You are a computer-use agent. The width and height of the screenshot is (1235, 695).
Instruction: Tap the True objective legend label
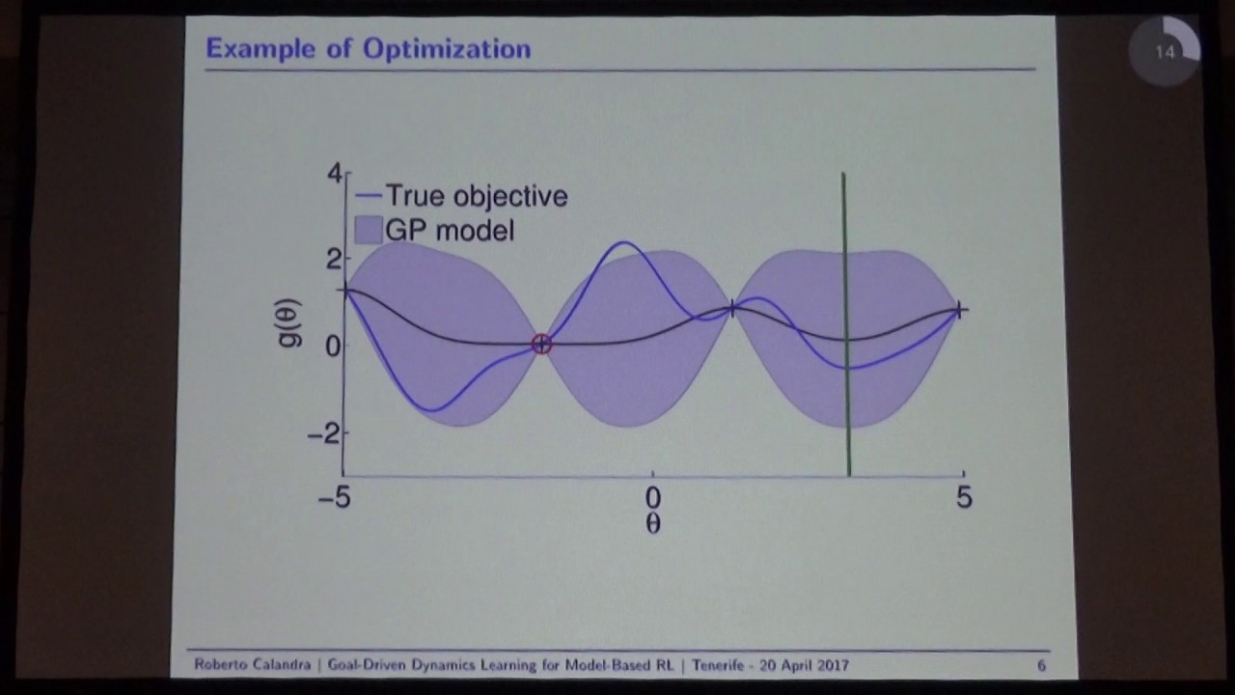pyautogui.click(x=476, y=196)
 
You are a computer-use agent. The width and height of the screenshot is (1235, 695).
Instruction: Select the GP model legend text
pyautogui.click(x=450, y=231)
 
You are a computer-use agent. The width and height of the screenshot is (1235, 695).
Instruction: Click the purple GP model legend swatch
pyautogui.click(x=368, y=230)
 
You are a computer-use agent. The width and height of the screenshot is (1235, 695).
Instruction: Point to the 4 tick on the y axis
pyautogui.click(x=334, y=174)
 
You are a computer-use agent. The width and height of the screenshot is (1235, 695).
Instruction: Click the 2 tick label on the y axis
pyautogui.click(x=334, y=259)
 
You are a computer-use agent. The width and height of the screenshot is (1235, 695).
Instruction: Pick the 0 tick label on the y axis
pyautogui.click(x=333, y=346)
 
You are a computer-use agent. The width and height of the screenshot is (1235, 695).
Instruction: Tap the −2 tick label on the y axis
pyautogui.click(x=325, y=433)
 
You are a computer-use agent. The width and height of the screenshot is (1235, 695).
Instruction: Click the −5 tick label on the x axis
pyautogui.click(x=335, y=498)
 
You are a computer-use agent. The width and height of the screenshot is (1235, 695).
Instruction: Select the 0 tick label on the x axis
pyautogui.click(x=653, y=498)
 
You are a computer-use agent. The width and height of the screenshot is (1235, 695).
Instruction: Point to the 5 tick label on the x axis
pyautogui.click(x=964, y=498)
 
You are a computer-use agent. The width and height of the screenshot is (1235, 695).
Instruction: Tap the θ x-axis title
pyautogui.click(x=653, y=524)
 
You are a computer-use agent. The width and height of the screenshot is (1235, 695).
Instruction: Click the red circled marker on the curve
pyautogui.click(x=541, y=345)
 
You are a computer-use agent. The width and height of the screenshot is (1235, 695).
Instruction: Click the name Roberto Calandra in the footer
pyautogui.click(x=255, y=665)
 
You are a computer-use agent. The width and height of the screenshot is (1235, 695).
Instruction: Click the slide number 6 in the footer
pyautogui.click(x=1041, y=665)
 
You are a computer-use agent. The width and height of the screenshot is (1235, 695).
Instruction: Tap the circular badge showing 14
pyautogui.click(x=1165, y=52)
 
